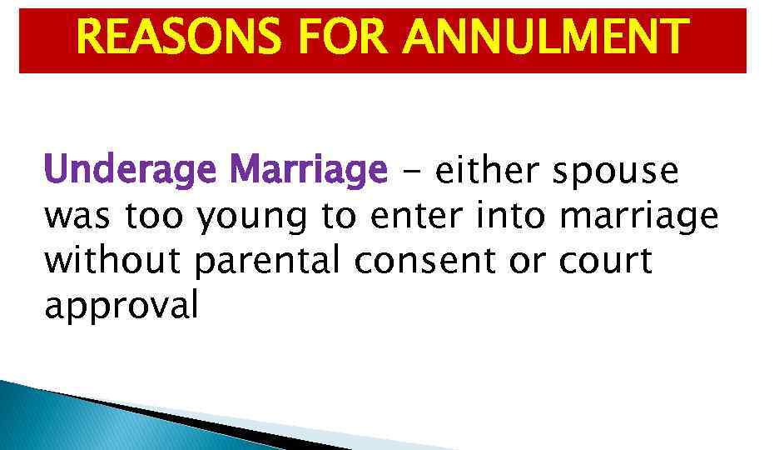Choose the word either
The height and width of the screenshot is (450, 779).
(489, 172)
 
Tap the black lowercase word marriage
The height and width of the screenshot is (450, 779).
(638, 217)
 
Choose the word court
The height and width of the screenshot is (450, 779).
(604, 262)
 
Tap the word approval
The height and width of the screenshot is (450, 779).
(122, 307)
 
